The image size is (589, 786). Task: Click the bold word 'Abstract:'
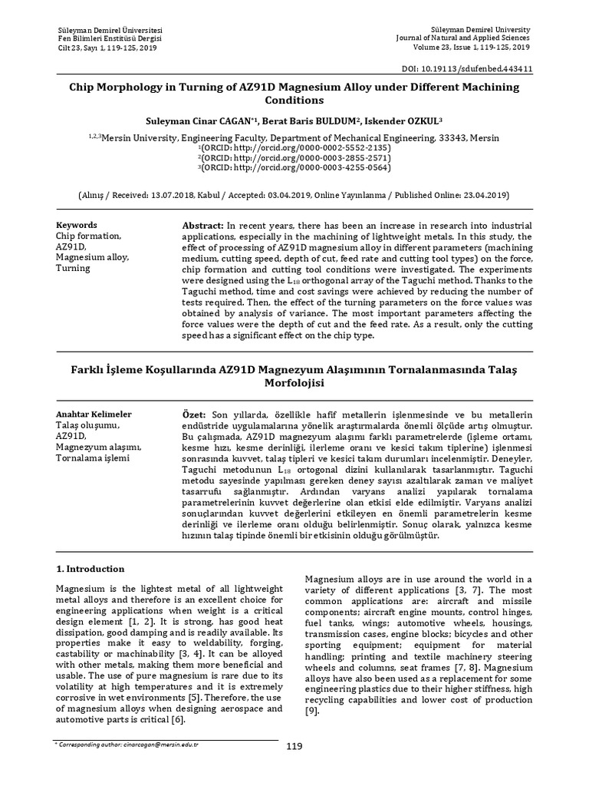pos(202,225)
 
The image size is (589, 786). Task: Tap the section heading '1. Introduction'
pos(90,569)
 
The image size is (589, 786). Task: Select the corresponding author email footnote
pos(130,745)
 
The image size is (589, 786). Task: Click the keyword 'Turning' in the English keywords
pos(74,269)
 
